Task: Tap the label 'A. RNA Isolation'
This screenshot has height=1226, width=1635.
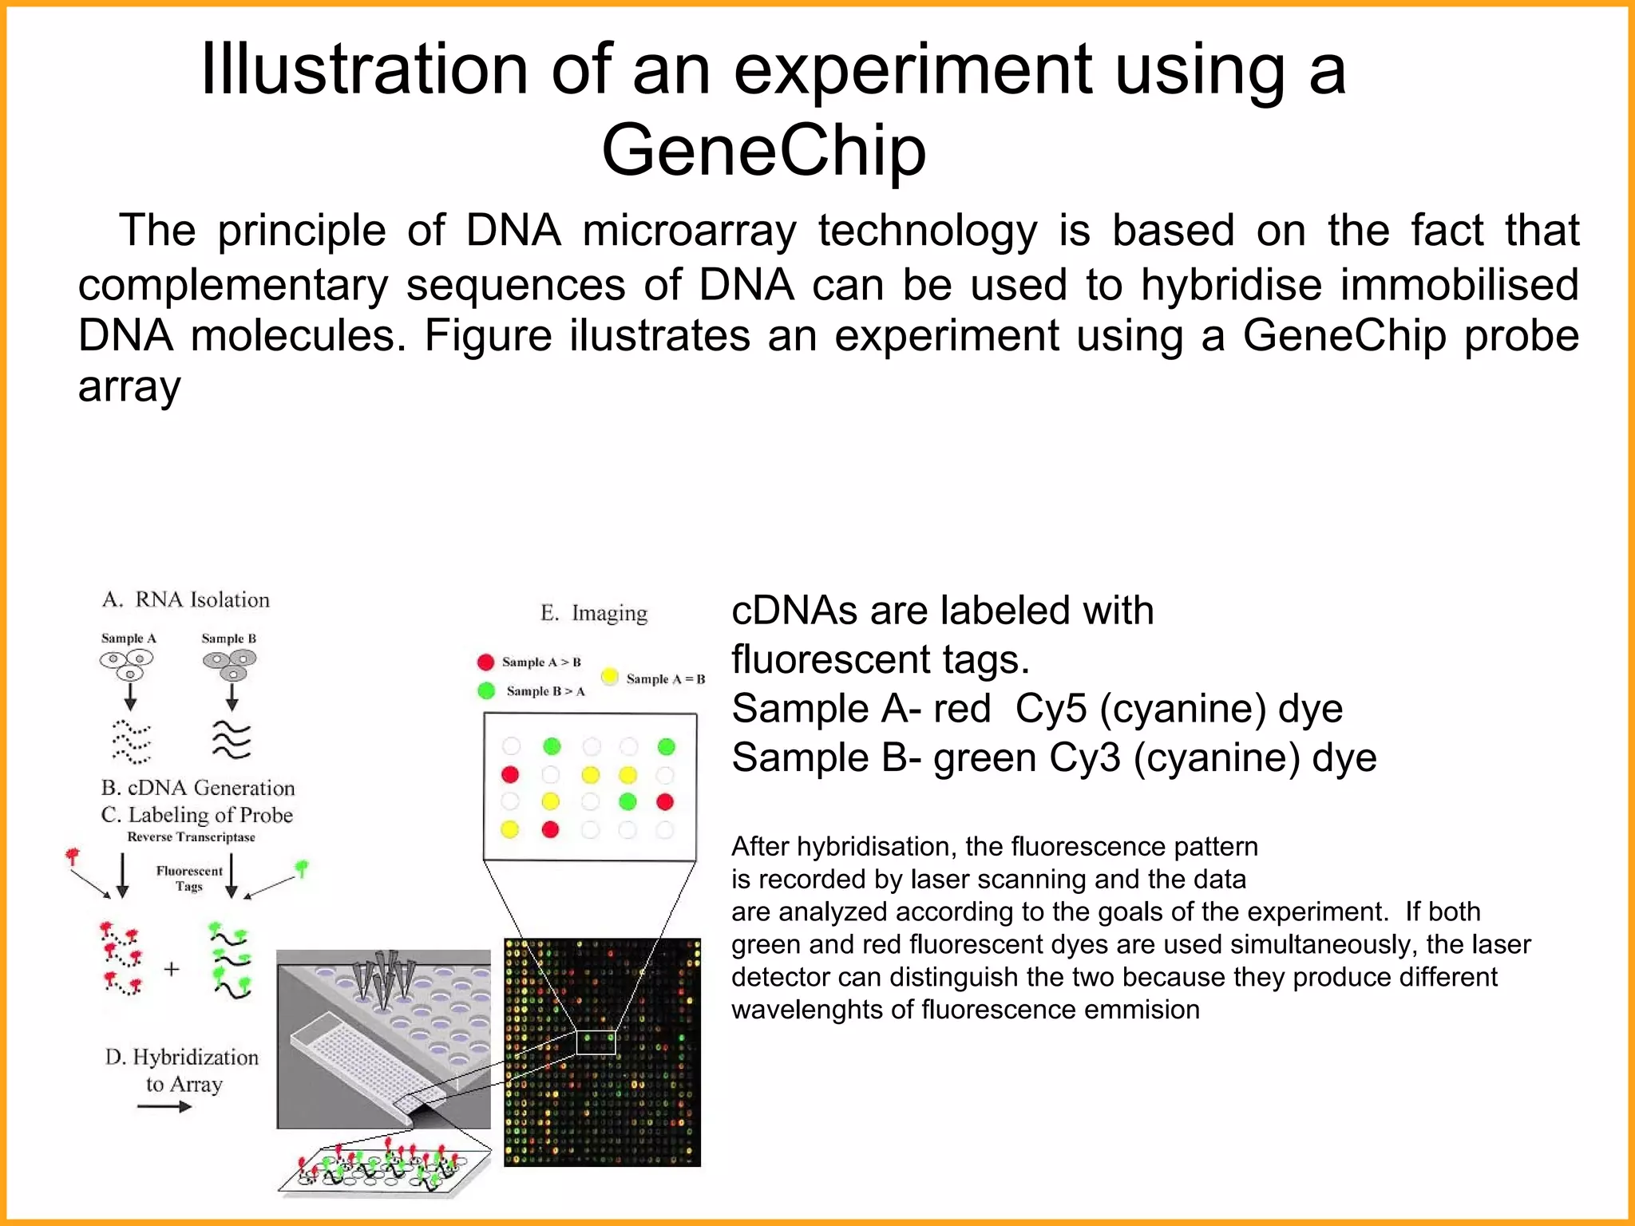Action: [186, 599]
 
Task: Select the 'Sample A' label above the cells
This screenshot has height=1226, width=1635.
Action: [129, 639]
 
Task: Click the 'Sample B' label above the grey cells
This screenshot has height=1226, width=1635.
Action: [228, 639]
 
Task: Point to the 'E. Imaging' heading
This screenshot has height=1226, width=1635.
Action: [594, 613]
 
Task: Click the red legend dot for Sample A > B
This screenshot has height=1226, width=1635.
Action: [485, 662]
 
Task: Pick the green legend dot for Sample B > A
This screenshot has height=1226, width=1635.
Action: [485, 690]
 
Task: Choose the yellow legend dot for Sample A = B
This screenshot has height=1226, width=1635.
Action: [610, 677]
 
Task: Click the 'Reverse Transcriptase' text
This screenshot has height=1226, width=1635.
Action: [191, 836]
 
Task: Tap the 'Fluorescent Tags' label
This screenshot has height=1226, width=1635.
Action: [189, 878]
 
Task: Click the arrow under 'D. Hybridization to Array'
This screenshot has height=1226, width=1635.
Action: [164, 1106]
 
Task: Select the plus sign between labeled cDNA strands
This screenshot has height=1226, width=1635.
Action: [171, 969]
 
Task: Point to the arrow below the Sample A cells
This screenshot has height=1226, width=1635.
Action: [130, 695]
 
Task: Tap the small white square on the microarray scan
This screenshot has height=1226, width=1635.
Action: [596, 1042]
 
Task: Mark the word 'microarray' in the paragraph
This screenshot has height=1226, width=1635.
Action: [689, 231]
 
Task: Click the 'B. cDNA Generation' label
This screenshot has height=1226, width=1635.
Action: [198, 788]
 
